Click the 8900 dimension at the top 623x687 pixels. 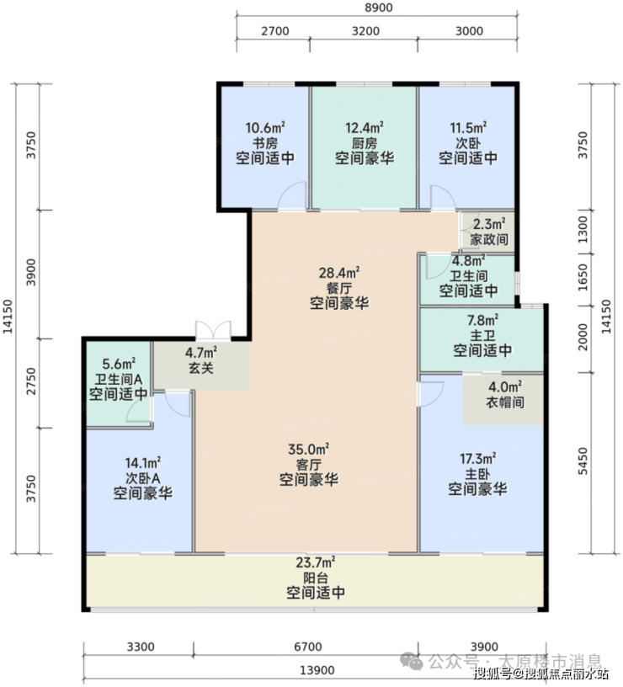[x=379, y=8]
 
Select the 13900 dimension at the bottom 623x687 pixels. [x=317, y=670]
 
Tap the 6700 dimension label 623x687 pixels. [x=307, y=647]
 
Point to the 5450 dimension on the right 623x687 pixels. [x=583, y=461]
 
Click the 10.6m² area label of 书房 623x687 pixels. [x=265, y=128]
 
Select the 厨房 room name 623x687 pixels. [x=364, y=143]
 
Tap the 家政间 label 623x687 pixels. [x=489, y=239]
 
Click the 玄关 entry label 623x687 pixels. [x=201, y=367]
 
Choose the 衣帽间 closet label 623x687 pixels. [x=505, y=402]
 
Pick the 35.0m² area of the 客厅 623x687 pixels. [x=308, y=449]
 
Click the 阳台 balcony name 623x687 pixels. [x=316, y=577]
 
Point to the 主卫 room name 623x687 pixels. [x=482, y=336]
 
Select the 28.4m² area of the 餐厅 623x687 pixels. [x=339, y=273]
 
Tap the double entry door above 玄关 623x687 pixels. [x=213, y=330]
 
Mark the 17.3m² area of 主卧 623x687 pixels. [x=477, y=459]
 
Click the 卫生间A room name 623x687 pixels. [x=119, y=379]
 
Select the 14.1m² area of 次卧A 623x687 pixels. [x=143, y=463]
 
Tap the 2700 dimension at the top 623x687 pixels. [x=275, y=31]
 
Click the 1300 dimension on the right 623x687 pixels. [x=583, y=229]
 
